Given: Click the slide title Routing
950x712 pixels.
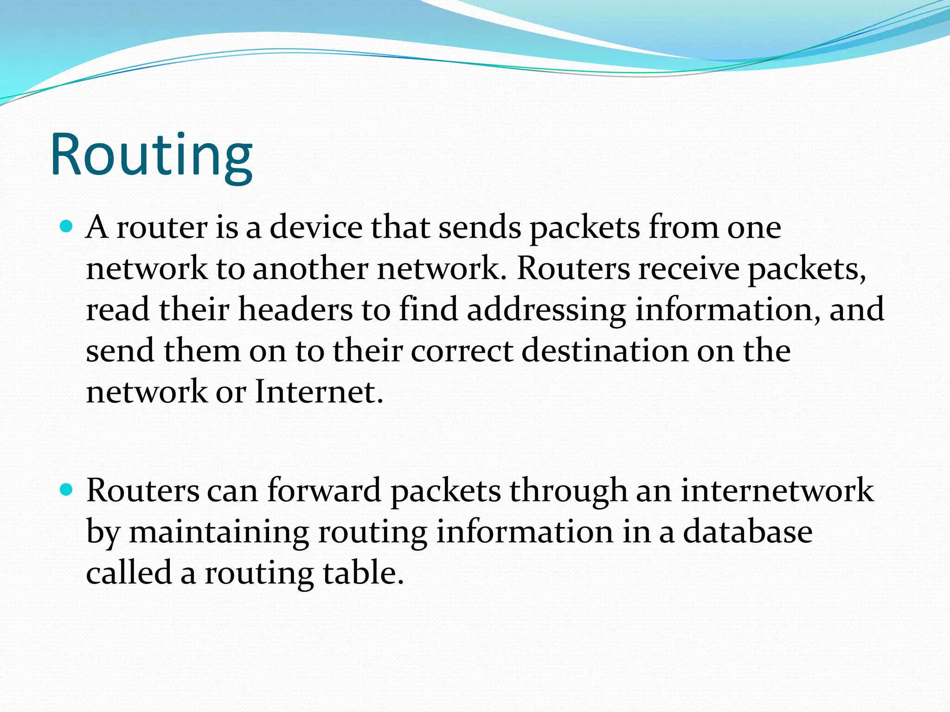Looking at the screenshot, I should point(151,155).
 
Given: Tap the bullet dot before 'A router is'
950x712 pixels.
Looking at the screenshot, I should point(67,227).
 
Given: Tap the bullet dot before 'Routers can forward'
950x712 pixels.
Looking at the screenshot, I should point(67,489).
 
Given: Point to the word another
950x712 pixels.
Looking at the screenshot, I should point(310,268).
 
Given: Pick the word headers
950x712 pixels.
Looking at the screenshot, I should point(295,309).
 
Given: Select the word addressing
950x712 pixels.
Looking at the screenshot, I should point(546,310).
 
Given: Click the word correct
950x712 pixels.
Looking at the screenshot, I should point(462,350).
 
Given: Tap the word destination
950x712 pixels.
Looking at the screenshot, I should point(605,350).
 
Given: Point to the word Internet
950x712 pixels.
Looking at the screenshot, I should point(319,392).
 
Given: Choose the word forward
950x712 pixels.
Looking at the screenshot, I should point(324,490).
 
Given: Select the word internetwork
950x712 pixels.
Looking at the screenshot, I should point(777,490).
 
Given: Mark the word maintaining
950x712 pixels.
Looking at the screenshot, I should point(218,532).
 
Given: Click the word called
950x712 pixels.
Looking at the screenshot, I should point(129,572).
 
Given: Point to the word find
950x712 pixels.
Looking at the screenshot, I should point(429,309).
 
